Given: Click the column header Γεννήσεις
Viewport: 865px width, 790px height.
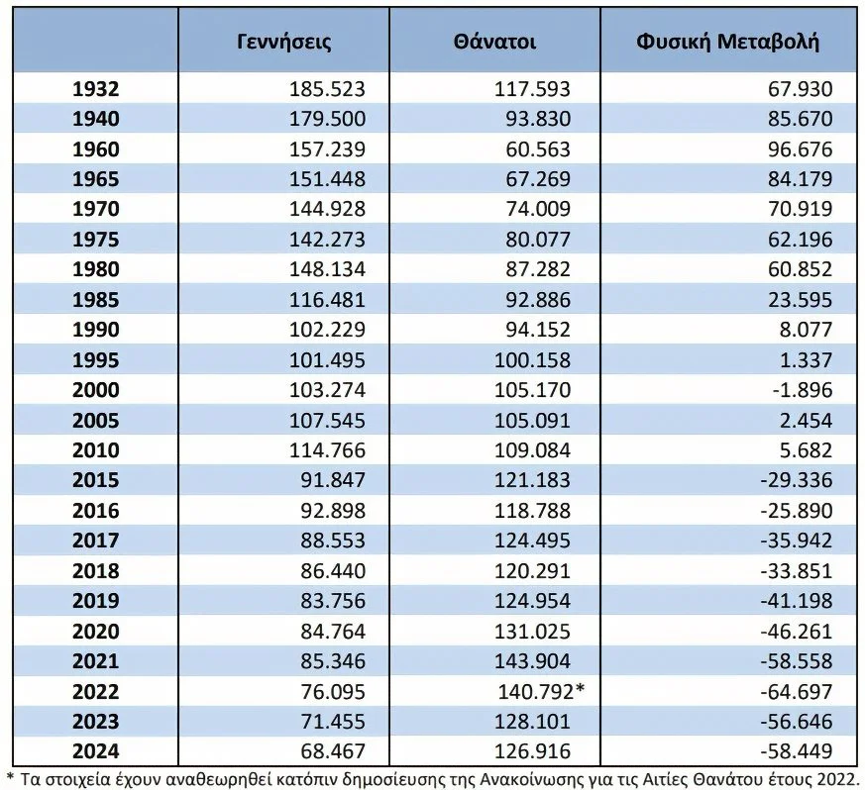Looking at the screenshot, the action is click(284, 42).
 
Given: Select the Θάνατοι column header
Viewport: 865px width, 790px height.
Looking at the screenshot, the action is click(494, 42).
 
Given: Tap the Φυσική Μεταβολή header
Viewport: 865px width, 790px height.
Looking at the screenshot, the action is click(727, 42).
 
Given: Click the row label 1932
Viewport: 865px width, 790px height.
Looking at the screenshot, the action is click(95, 89).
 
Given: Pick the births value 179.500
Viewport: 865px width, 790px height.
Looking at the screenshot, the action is click(328, 119).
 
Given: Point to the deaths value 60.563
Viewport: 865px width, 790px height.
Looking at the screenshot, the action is click(538, 149).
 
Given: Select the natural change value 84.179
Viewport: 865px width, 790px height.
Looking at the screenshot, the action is click(800, 179).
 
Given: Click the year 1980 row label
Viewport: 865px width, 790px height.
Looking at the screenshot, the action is click(95, 269).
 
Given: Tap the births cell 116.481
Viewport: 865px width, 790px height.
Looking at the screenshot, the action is click(328, 300).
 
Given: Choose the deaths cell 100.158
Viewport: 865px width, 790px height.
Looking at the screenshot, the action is click(532, 360).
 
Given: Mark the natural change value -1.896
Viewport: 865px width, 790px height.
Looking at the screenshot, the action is click(803, 390).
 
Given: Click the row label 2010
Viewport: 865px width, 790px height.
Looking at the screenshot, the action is click(95, 450).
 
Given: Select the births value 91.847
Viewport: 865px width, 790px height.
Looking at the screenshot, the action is click(333, 480).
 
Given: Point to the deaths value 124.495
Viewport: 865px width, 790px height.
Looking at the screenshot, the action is click(532, 541).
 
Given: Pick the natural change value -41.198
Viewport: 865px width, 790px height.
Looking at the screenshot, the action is click(797, 600).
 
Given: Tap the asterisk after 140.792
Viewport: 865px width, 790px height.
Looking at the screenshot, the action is click(580, 689).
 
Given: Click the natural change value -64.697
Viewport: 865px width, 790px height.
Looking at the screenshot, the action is click(797, 691).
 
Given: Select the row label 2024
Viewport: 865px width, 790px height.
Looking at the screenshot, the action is click(95, 751).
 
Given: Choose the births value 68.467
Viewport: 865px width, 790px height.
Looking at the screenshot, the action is click(333, 751).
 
